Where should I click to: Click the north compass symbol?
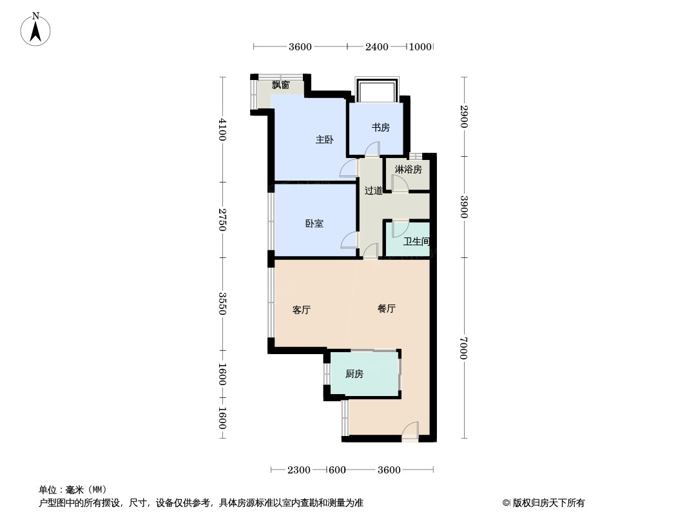pyautogui.click(x=36, y=29)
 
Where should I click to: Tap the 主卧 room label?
pyautogui.click(x=324, y=139)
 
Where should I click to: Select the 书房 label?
pyautogui.click(x=380, y=128)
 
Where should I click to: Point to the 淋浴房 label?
pyautogui.click(x=408, y=170)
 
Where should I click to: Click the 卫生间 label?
pyautogui.click(x=416, y=242)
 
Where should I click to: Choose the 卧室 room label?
pyautogui.click(x=314, y=224)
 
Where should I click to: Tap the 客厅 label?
pyautogui.click(x=302, y=310)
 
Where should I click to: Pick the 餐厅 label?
pyautogui.click(x=386, y=308)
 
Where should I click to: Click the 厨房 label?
pyautogui.click(x=354, y=373)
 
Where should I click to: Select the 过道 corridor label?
pyautogui.click(x=373, y=190)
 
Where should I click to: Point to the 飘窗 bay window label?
pyautogui.click(x=280, y=84)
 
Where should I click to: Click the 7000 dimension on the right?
pyautogui.click(x=463, y=347)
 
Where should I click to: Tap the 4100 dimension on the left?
pyautogui.click(x=222, y=129)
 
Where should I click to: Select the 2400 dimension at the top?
pyautogui.click(x=377, y=46)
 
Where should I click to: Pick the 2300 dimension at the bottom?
pyautogui.click(x=299, y=470)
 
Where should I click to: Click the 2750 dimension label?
pyautogui.click(x=222, y=219)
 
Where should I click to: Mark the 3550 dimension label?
pyautogui.click(x=222, y=304)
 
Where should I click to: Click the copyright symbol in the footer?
pyautogui.click(x=507, y=503)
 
